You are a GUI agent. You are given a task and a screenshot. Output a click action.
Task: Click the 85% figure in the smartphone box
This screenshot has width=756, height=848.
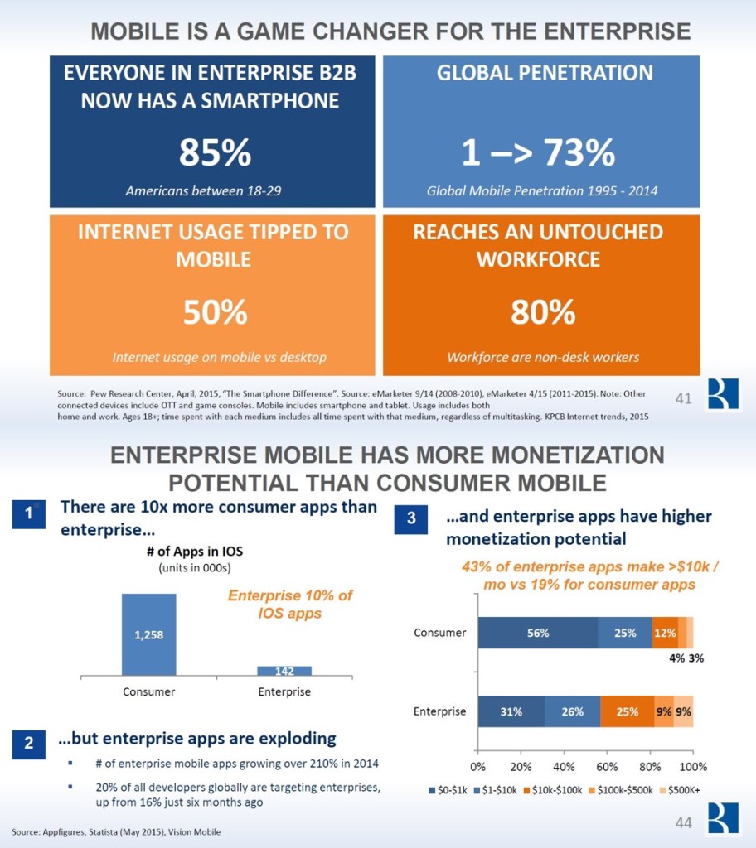[214, 153]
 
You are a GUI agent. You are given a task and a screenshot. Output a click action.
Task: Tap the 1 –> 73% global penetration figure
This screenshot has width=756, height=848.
[539, 153]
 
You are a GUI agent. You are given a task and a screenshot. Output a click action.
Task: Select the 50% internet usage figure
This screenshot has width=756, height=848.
[215, 312]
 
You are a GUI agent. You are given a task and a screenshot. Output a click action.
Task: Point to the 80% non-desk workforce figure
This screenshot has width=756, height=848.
[543, 312]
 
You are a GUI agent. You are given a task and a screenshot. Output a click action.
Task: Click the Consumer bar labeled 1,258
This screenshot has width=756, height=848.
[148, 634]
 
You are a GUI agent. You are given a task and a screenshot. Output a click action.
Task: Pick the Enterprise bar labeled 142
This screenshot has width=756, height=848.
[284, 670]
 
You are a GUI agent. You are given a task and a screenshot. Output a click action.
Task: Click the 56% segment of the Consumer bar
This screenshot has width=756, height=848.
[537, 634]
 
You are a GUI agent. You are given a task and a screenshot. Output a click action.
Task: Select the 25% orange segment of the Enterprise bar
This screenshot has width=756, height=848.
[628, 711]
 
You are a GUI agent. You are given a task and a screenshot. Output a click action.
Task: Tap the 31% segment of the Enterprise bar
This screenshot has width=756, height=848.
[511, 711]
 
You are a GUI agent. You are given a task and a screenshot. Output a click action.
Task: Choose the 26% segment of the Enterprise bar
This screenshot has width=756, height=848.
[572, 711]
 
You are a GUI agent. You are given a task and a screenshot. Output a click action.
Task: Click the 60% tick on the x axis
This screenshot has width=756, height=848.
[607, 765]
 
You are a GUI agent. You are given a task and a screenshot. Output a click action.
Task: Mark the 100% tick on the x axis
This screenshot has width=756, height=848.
[693, 765]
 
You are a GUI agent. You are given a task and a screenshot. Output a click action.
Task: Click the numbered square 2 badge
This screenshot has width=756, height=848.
[29, 744]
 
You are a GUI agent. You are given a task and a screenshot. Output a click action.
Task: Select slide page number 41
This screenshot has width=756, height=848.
[684, 399]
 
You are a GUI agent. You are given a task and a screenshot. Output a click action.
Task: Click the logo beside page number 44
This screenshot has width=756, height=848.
[722, 819]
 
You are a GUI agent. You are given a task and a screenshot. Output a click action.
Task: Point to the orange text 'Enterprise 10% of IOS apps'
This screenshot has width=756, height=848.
[290, 605]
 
